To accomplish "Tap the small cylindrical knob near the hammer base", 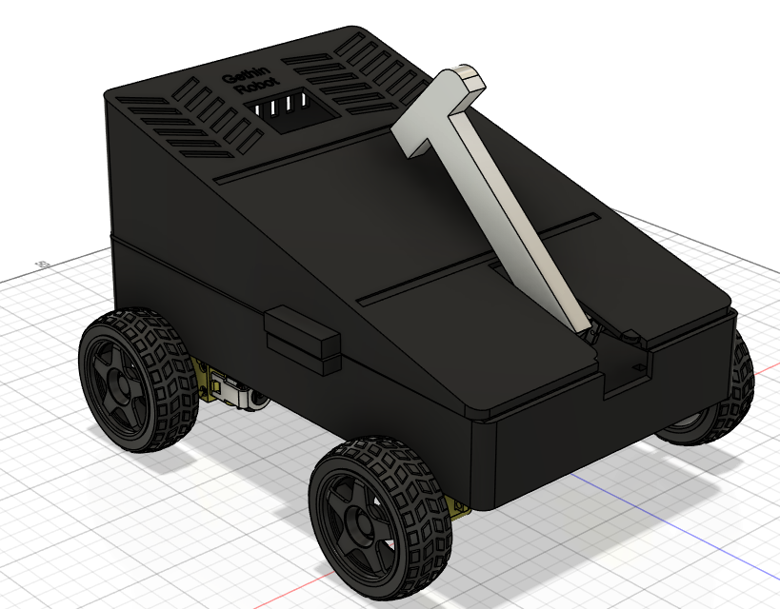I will click(630, 336).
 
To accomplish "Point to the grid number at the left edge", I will click(41, 264).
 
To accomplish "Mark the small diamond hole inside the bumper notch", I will click(630, 365).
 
